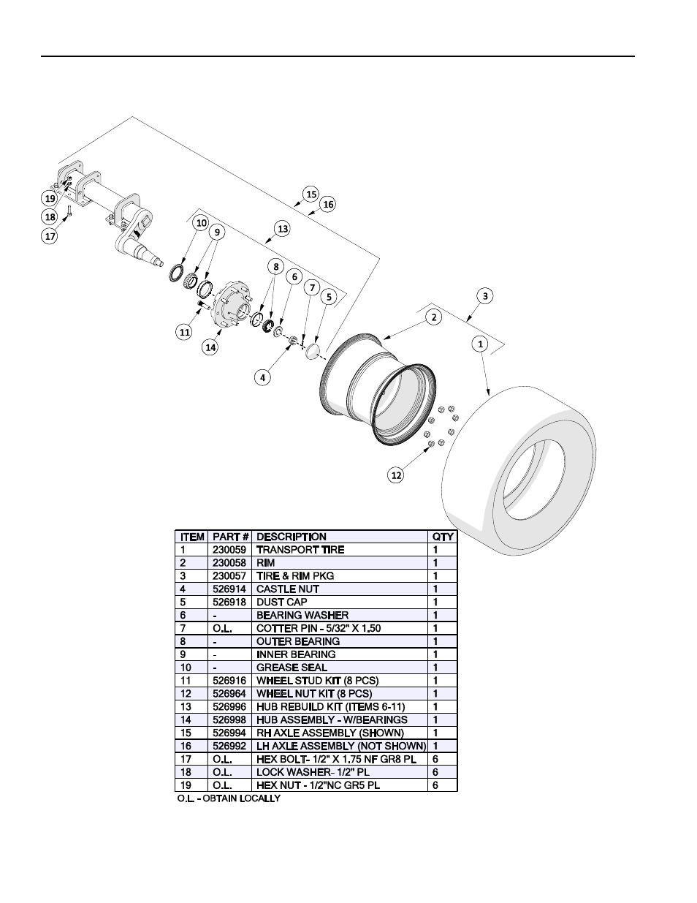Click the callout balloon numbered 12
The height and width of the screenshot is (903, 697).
[396, 475]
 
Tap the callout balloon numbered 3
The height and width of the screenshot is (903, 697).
[485, 296]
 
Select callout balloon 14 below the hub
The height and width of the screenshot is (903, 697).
[210, 347]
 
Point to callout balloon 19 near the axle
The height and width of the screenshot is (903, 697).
[50, 198]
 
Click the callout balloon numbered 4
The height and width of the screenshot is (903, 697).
[262, 377]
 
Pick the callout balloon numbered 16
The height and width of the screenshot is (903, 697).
[328, 204]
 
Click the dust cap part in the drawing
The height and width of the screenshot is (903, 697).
[313, 351]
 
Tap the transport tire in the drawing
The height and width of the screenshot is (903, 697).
[519, 471]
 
